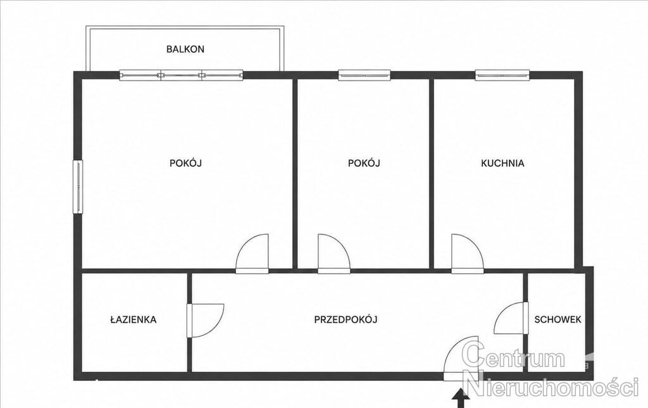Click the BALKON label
[x=185, y=49]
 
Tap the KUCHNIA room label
[x=502, y=163]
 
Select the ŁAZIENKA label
[x=134, y=319]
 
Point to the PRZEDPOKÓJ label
[x=346, y=319]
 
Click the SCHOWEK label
[x=558, y=319]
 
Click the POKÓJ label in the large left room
[x=185, y=163]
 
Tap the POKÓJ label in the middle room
[x=364, y=163]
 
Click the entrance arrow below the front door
[x=461, y=399]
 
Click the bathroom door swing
[x=205, y=321]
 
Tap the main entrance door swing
[x=461, y=358]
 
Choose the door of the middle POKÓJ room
[x=334, y=254]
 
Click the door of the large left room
[x=252, y=254]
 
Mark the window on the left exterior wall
[x=78, y=187]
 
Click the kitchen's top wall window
[x=502, y=75]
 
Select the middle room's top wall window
[x=364, y=75]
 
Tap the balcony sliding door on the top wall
[x=181, y=75]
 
